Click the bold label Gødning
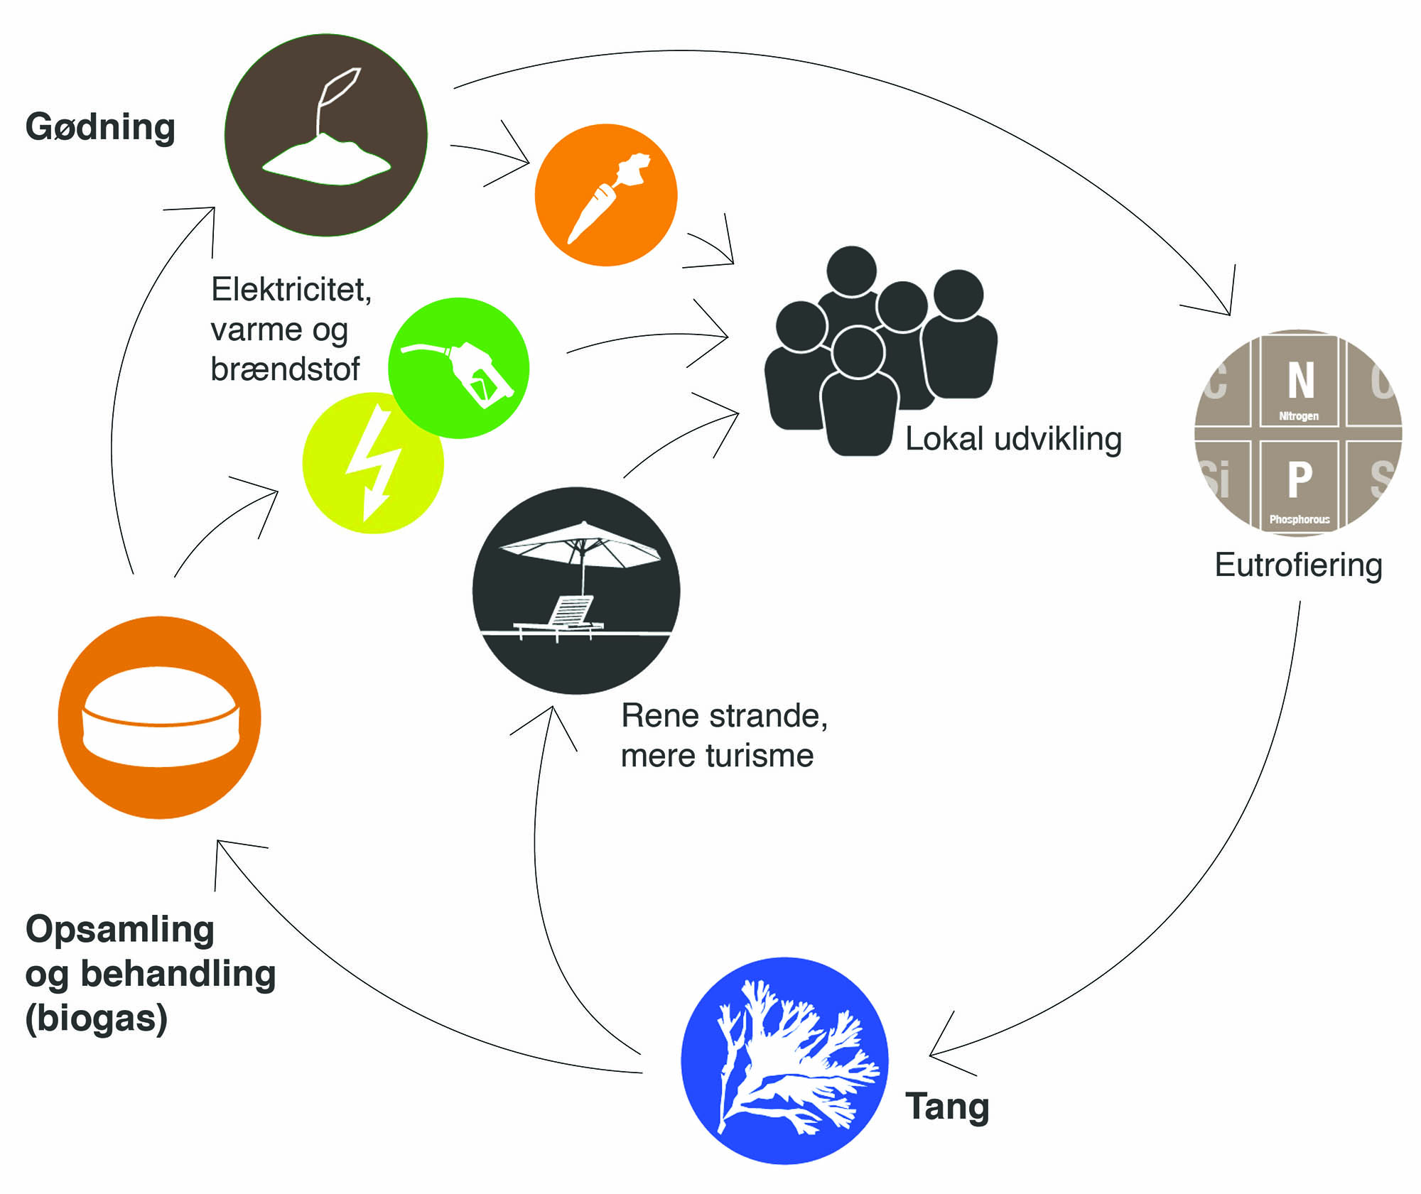(100, 128)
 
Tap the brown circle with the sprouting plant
(326, 135)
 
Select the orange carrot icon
(605, 195)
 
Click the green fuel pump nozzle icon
(459, 368)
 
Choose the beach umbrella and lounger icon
(576, 590)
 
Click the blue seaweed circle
(784, 1060)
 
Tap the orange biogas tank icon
(160, 717)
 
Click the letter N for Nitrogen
(1300, 381)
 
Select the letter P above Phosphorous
(1300, 479)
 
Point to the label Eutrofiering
(1298, 565)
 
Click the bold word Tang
(947, 1106)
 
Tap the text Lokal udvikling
(1013, 439)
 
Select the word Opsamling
(120, 930)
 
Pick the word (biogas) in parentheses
(97, 1018)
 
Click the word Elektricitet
(291, 290)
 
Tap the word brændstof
(285, 369)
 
